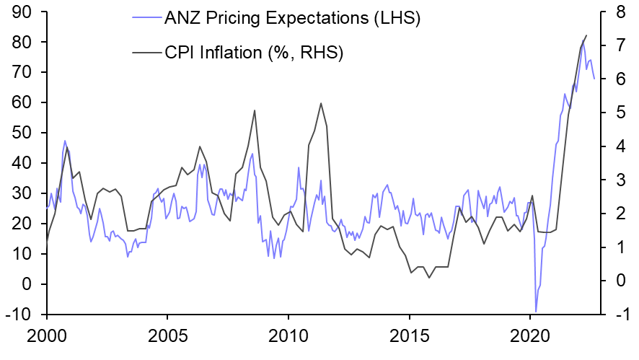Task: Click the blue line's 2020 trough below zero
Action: pyautogui.click(x=536, y=311)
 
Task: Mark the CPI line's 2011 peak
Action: pyautogui.click(x=320, y=103)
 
